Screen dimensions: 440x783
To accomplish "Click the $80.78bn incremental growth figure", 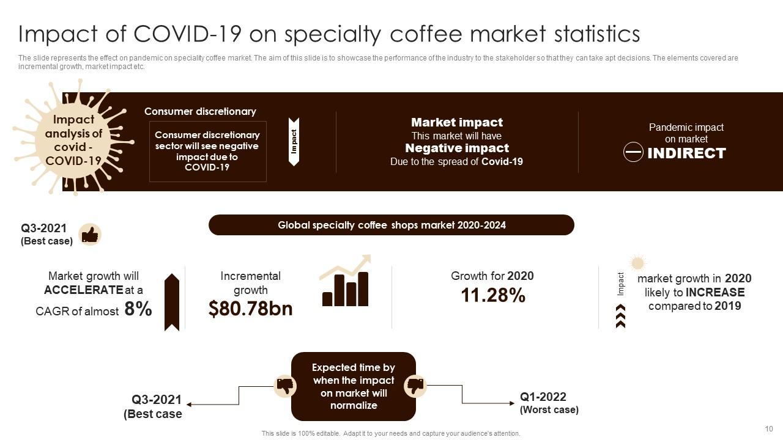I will (250, 309).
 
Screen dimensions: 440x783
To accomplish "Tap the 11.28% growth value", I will (492, 296).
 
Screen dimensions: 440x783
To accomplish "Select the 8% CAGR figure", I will (138, 309).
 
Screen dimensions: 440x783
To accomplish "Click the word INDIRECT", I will (686, 153).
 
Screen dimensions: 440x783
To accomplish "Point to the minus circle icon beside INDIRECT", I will (633, 152).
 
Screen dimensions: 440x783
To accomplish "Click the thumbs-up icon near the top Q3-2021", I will (90, 234).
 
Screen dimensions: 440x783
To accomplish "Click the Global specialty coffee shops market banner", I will (391, 225).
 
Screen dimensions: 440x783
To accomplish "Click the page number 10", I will (769, 429).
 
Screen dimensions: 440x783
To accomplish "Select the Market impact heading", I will (456, 122).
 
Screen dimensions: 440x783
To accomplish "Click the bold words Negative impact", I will (456, 148).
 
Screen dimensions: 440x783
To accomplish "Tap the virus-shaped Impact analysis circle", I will (73, 141).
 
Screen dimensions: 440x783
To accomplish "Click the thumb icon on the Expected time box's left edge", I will (285, 386).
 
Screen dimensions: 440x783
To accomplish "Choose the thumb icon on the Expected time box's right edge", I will (415, 386).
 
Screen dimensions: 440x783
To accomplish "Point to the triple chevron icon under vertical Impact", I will (620, 317).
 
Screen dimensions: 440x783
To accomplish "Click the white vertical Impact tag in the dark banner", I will (294, 141).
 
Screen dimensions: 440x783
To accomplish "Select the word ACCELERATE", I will (84, 290).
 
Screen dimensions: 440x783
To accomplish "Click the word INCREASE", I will (714, 292).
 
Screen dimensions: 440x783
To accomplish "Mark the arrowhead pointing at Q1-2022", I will (513, 403).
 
